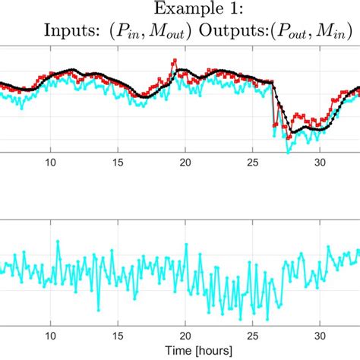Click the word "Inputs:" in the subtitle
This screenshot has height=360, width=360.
click(71, 31)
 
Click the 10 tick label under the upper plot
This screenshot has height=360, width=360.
click(50, 163)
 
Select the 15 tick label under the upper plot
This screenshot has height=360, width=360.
click(118, 163)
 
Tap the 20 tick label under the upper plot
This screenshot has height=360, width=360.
click(185, 163)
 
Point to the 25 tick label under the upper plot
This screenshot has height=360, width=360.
click(253, 163)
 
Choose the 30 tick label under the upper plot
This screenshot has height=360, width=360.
click(321, 163)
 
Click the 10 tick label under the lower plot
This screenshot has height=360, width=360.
click(50, 335)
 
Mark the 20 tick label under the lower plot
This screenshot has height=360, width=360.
click(185, 335)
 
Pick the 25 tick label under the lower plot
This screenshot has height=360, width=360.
click(253, 335)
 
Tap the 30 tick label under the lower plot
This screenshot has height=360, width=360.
click(321, 335)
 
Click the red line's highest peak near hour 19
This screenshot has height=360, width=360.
click(175, 59)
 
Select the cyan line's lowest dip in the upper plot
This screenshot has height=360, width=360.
click(287, 151)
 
